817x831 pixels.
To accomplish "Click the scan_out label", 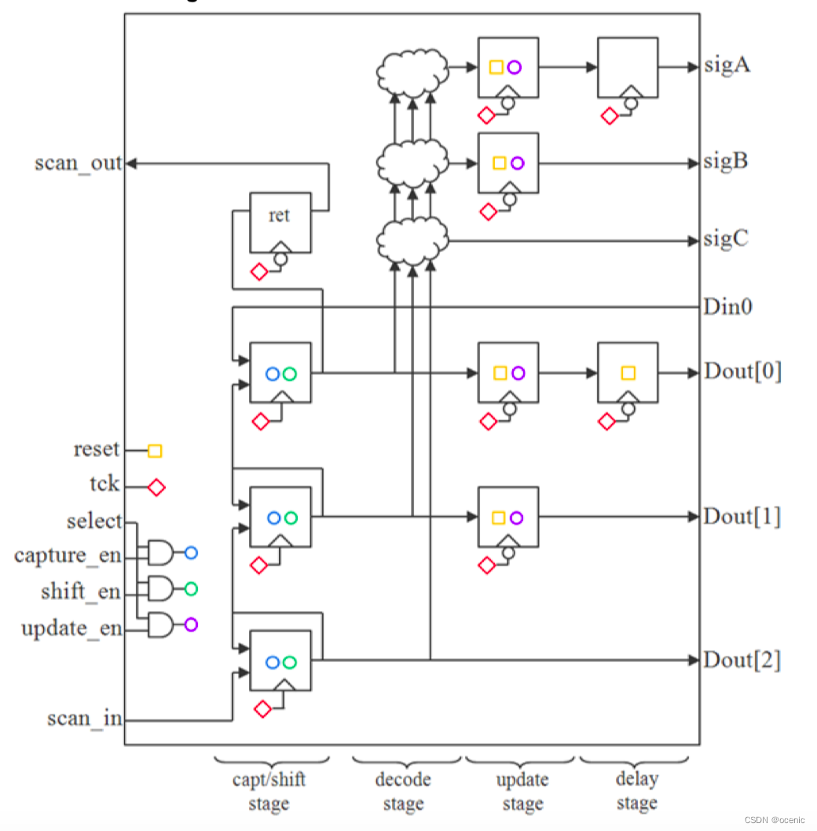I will tap(79, 163).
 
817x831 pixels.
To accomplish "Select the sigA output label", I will tap(726, 66).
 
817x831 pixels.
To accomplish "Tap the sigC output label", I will tap(726, 239).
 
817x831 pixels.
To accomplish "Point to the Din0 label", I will tap(727, 306).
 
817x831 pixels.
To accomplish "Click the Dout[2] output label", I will tap(742, 660).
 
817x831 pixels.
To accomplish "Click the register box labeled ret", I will tap(280, 223).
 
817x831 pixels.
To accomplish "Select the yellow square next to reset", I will tap(155, 451).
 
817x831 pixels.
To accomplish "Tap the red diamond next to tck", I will tap(156, 488).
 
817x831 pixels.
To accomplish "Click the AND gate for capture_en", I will tap(160, 553).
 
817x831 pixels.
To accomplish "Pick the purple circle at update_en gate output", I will tap(190, 625).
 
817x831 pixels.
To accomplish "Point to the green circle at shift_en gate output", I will tap(190, 589).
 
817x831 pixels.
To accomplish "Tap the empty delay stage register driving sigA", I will tap(627, 68).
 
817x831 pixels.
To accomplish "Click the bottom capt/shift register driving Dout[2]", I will tap(280, 661).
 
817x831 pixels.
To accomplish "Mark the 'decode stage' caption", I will tap(403, 792).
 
